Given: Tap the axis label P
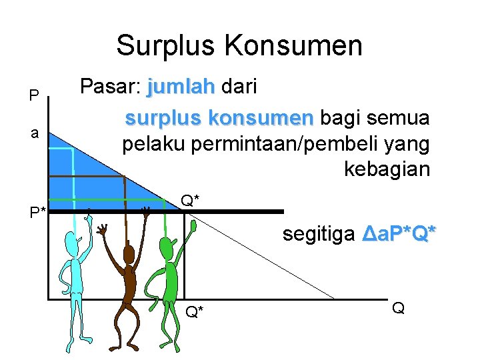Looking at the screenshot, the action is coord(33,97).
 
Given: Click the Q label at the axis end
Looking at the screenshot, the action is coord(398,307).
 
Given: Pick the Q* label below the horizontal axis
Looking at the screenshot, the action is coord(195,311).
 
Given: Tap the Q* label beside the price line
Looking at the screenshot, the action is coord(191,200).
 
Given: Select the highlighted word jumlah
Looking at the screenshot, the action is coord(181,87).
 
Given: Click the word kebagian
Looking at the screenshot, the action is coord(387,169).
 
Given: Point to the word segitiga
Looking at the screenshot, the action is coord(319,234).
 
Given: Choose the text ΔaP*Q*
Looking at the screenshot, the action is coord(399,234).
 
